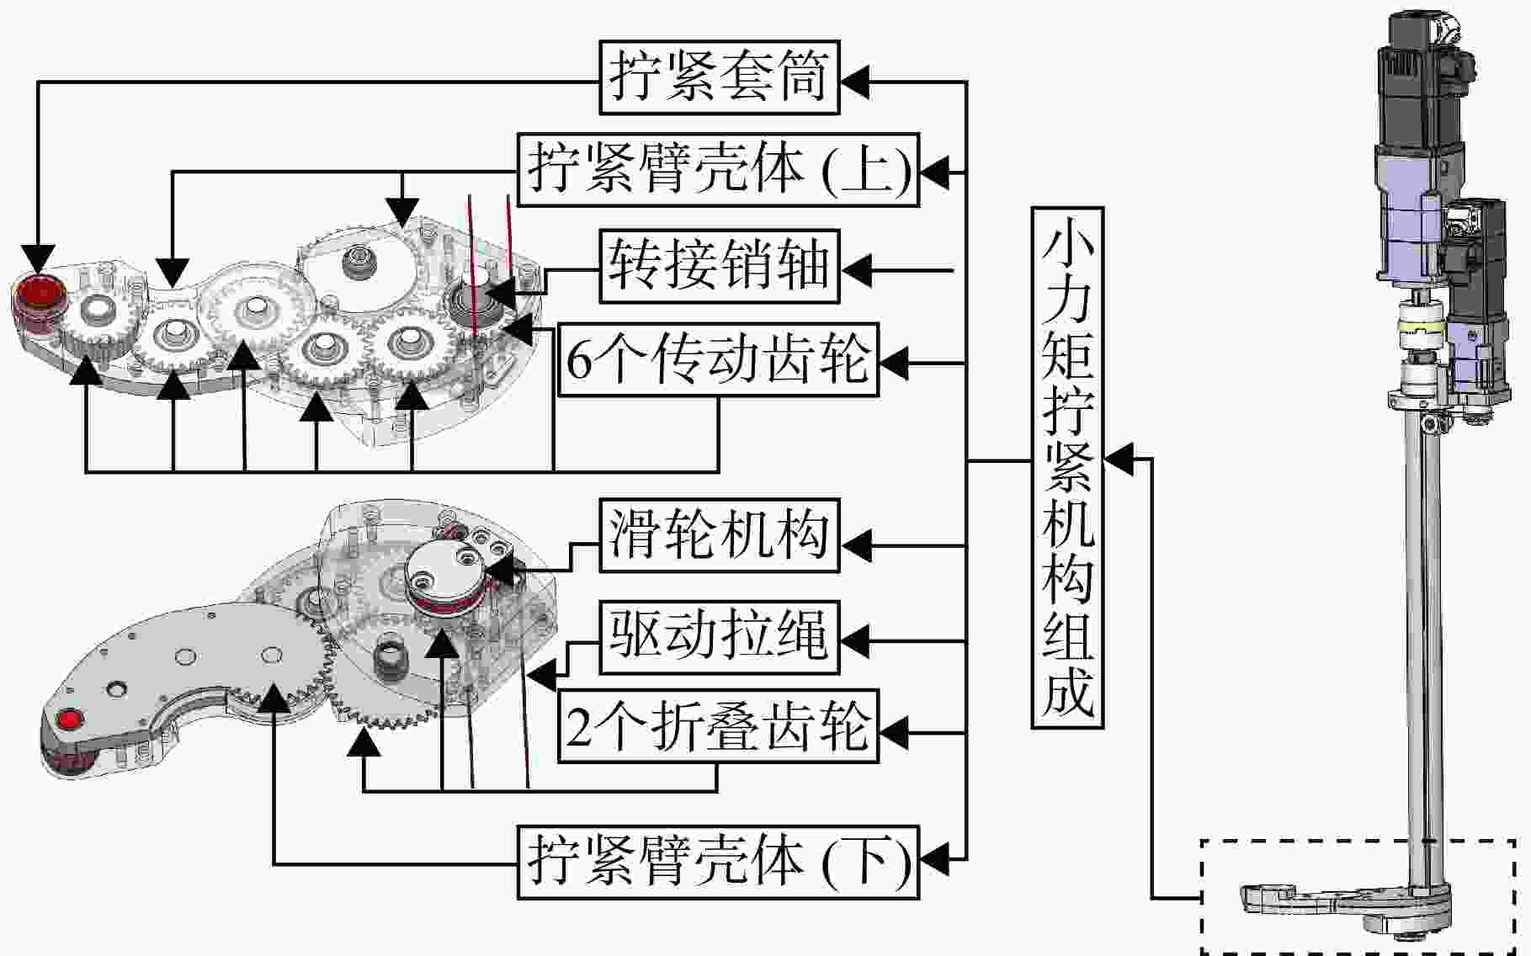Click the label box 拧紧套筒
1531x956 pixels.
click(x=720, y=77)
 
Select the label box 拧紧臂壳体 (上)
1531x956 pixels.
click(x=718, y=169)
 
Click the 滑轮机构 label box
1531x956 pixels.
click(x=720, y=535)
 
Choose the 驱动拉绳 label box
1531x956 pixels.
click(x=720, y=636)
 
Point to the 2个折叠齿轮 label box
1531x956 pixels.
click(x=718, y=726)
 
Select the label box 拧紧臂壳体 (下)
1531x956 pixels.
click(x=718, y=862)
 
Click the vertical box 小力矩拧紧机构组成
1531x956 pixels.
click(x=1067, y=468)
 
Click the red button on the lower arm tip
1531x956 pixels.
click(x=69, y=720)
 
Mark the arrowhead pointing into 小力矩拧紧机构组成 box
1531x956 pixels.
click(x=1118, y=459)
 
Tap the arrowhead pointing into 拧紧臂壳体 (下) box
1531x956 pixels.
click(x=934, y=860)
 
